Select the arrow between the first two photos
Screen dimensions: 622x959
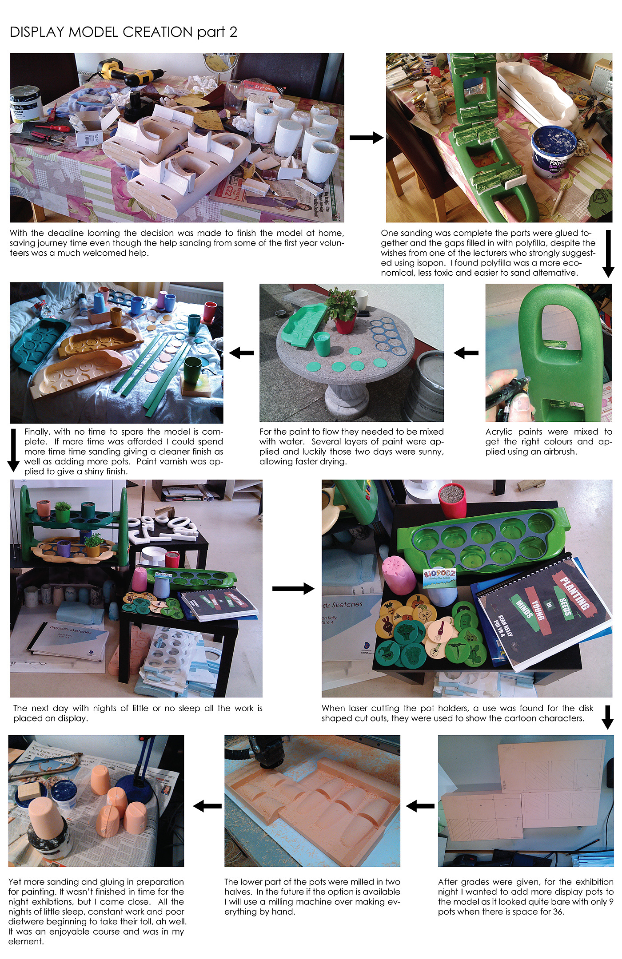[x=367, y=138]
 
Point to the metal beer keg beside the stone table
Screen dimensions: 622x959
[x=425, y=384]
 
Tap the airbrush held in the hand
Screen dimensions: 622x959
[x=506, y=391]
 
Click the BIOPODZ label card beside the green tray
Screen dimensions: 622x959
[x=439, y=578]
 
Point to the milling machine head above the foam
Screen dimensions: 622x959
[x=267, y=751]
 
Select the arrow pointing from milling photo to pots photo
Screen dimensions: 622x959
[x=207, y=806]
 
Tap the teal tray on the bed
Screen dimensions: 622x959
[x=39, y=340]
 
